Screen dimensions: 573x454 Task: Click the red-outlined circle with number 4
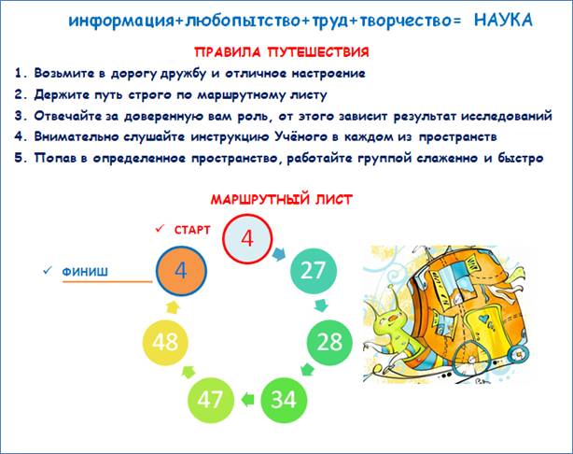point(247,238)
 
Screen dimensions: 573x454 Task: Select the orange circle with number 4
point(181,272)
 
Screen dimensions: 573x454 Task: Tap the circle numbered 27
point(314,271)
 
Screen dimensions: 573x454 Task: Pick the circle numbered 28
point(329,342)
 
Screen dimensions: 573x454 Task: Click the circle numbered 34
point(284,399)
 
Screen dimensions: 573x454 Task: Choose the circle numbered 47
point(210,399)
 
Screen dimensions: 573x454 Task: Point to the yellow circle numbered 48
point(165,342)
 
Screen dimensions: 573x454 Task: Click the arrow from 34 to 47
point(247,399)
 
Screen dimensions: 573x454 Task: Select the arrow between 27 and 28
point(321,305)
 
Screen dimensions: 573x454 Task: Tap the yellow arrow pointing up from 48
point(173,307)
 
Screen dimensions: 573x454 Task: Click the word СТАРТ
point(192,230)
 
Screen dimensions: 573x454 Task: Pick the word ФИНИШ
point(85,272)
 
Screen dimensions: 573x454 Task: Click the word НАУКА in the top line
point(503,21)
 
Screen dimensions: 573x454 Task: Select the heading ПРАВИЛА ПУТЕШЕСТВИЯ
point(282,52)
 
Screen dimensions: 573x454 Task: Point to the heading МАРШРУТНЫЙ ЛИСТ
point(282,199)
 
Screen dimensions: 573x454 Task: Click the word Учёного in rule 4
point(300,136)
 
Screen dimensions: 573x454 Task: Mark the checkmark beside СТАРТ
point(160,229)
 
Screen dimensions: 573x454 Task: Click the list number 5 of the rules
point(19,158)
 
